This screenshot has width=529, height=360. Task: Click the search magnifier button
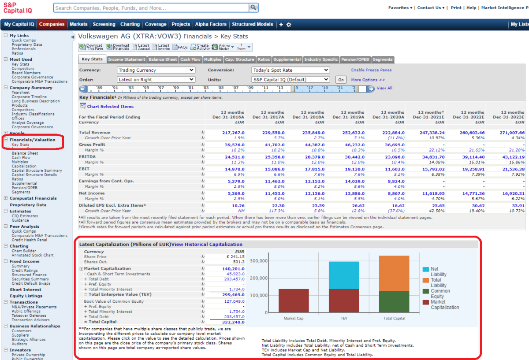pos(253,7)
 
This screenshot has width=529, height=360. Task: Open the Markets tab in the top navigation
pos(78,24)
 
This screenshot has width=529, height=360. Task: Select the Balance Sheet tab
pos(163,59)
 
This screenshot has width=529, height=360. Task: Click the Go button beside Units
pos(340,80)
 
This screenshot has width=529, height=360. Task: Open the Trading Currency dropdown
pos(156,70)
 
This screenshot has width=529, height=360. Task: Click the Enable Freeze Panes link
pos(371,70)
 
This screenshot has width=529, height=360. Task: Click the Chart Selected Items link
pos(110,106)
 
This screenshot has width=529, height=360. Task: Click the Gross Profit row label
pos(92,145)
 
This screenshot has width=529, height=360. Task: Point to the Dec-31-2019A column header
pos(348,117)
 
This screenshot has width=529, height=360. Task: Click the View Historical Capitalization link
pos(207,244)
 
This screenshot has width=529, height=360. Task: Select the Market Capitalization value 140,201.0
pos(233,268)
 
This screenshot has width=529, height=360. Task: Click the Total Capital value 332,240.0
pos(233,322)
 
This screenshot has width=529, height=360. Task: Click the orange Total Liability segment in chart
pos(394,273)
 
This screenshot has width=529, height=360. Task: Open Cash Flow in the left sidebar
pos(21,157)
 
